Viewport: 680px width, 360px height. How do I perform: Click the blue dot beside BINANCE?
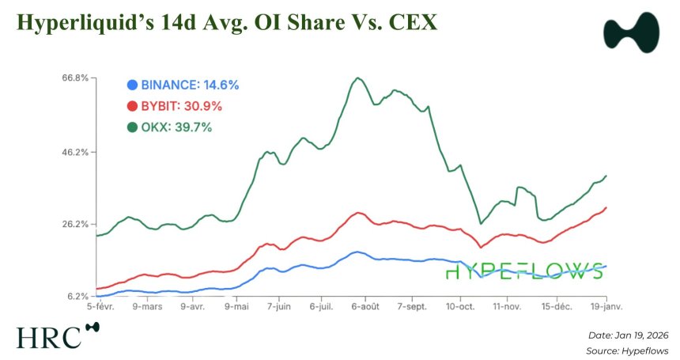point(132,85)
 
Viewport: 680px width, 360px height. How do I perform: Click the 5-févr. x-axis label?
point(101,305)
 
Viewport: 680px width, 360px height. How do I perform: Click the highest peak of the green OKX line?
point(357,78)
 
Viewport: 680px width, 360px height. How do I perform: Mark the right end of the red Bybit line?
point(606,207)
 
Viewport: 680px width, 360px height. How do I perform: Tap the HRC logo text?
point(49,336)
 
